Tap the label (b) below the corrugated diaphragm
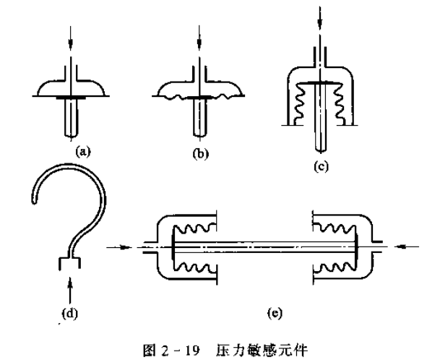(x=201, y=154)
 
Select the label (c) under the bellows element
(x=321, y=166)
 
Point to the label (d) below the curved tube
(x=69, y=314)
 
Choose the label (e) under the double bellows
(x=275, y=313)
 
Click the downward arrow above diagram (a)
(x=71, y=38)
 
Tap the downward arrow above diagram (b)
(x=199, y=38)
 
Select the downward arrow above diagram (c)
(x=320, y=19)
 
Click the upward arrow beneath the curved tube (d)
(x=70, y=291)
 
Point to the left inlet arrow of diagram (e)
(x=118, y=247)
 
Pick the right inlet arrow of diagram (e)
(x=407, y=247)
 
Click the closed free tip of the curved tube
(x=34, y=201)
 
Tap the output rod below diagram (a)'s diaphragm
(x=71, y=118)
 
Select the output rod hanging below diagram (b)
(x=200, y=117)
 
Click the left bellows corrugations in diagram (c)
(x=301, y=103)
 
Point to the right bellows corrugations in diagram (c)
(x=339, y=103)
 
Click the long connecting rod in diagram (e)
(x=264, y=247)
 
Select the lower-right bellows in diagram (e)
(x=335, y=267)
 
